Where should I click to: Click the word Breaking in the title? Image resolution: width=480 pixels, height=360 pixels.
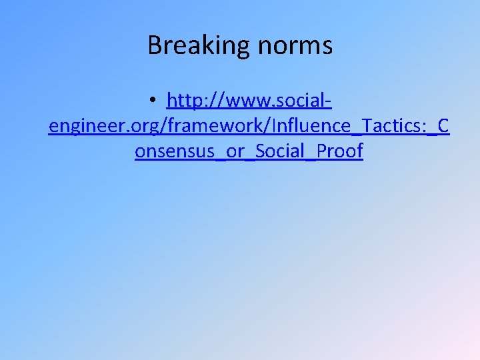click(x=194, y=45)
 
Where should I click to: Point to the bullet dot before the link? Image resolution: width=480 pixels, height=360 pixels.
click(x=153, y=101)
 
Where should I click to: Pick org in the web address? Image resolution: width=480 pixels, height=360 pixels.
click(x=144, y=127)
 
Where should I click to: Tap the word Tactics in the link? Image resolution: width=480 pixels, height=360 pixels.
click(x=377, y=126)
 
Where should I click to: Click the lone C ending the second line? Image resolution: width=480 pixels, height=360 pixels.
click(x=443, y=126)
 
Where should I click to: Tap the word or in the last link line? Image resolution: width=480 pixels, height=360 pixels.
click(x=235, y=151)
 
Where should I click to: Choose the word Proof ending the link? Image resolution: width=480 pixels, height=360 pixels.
click(x=339, y=151)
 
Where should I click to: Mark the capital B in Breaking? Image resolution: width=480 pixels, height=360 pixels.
click(x=154, y=45)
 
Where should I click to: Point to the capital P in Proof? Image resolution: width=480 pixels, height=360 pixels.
click(x=321, y=151)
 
